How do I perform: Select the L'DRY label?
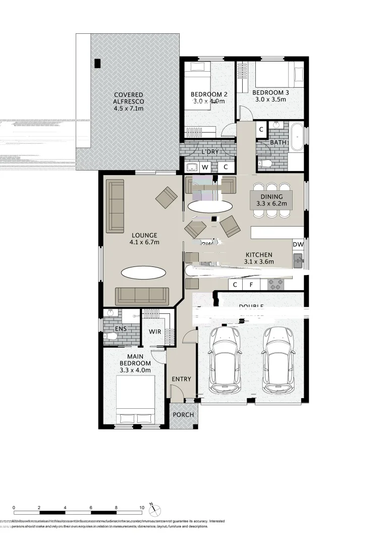tap(209, 152)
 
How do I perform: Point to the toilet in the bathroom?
tap(265, 163)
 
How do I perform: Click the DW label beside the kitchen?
tap(298, 244)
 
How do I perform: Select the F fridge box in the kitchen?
tap(251, 285)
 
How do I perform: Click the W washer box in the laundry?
tap(205, 167)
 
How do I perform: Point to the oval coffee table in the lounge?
tap(143, 272)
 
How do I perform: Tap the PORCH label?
tap(183, 415)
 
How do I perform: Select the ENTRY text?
tap(181, 379)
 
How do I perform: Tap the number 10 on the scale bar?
tap(142, 507)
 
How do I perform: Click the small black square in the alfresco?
tap(97, 63)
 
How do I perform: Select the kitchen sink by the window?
tap(298, 261)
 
